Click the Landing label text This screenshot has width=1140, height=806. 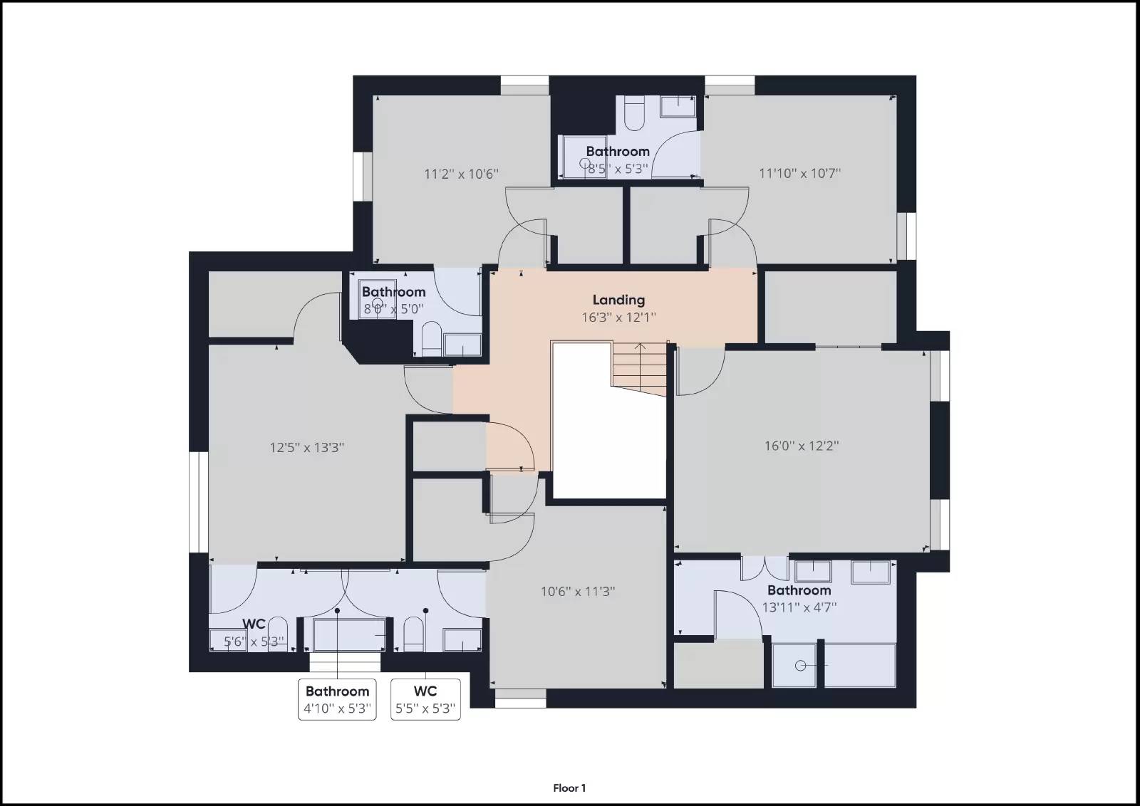pos(618,300)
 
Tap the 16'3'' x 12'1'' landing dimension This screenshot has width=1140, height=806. pos(618,318)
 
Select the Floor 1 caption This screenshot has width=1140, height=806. pos(569,788)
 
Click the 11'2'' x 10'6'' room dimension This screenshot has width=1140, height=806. pos(461,174)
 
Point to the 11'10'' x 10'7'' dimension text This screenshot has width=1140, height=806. pos(799,173)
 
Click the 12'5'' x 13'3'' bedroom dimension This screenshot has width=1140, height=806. pos(306,448)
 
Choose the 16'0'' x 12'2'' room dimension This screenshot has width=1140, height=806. pos(802,446)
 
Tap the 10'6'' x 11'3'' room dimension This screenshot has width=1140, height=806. pos(577,591)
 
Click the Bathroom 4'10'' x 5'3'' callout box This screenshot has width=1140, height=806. pos(337,699)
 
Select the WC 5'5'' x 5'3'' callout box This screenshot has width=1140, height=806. pos(425,699)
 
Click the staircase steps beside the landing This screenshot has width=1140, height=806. pos(638,370)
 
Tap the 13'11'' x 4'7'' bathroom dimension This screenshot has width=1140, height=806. pos(799,607)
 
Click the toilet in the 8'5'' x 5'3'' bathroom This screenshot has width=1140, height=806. pos(633,114)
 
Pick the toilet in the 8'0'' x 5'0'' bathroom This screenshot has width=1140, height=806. pos(431,339)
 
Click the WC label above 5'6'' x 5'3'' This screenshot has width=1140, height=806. pos(254,624)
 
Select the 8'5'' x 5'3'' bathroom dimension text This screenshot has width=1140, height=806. pos(618,169)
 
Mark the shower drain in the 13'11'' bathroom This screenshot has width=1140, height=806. pos(800,666)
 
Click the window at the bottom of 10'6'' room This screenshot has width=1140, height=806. pos(520,702)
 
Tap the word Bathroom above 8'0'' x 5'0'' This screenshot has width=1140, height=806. pos(393,292)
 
